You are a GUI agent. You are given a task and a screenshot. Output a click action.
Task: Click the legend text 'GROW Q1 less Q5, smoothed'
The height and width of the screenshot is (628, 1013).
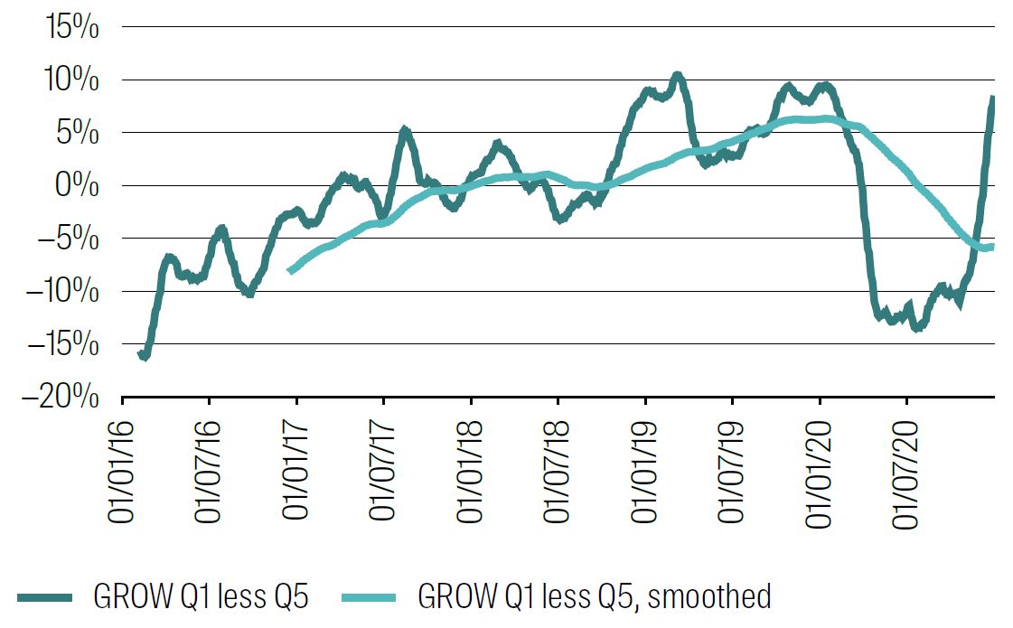tap(594, 597)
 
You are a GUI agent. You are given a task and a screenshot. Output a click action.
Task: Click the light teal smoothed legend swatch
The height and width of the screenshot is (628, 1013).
tap(369, 597)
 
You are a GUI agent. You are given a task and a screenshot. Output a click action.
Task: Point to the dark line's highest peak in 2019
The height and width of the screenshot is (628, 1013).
tap(677, 76)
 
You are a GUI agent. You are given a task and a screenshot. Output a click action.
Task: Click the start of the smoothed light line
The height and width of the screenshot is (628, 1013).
tap(289, 269)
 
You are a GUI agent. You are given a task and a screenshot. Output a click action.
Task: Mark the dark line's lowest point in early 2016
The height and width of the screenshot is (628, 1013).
tap(145, 357)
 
